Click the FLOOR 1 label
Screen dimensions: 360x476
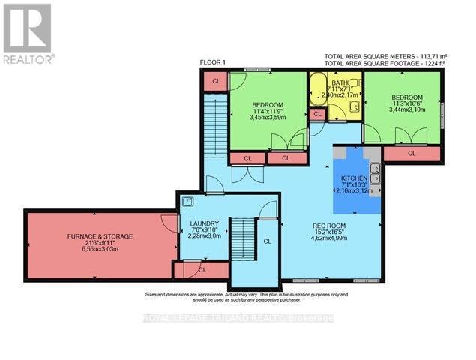214,61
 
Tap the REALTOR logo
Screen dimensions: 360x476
27,34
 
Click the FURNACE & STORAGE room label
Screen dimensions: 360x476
100,236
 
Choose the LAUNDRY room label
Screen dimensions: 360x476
204,223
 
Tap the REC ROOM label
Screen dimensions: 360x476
328,225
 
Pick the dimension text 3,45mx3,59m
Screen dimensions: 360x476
268,118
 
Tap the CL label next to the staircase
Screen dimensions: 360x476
267,241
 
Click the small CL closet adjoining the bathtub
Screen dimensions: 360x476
317,114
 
